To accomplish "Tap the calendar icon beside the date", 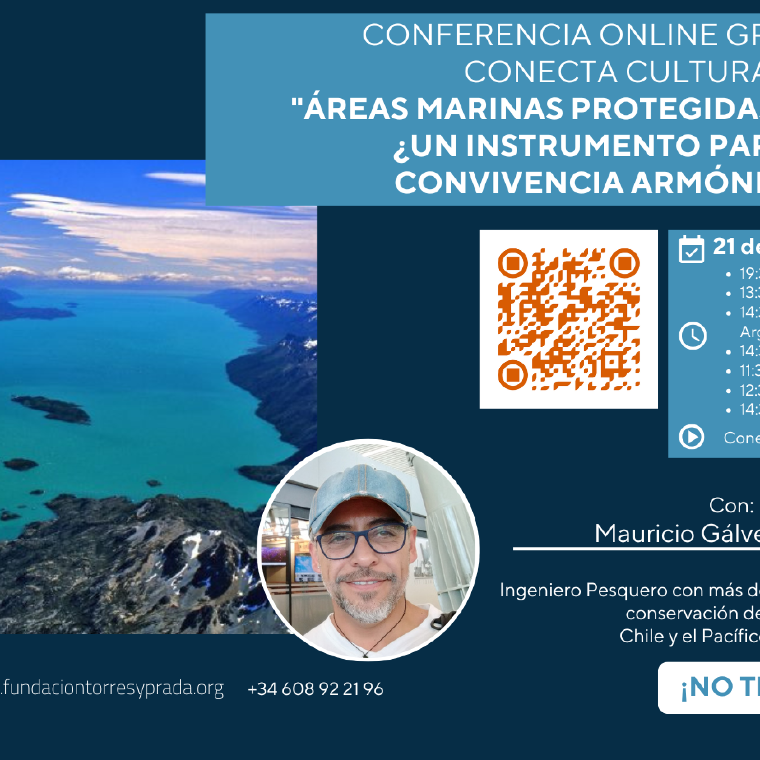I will pyautogui.click(x=691, y=249).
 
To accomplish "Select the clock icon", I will pyautogui.click(x=692, y=336).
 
